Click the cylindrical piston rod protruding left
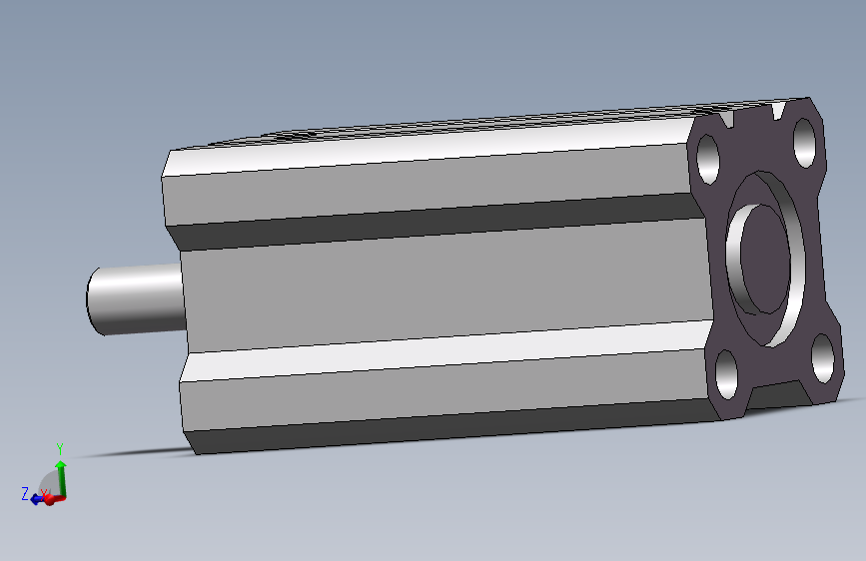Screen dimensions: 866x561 (x=135, y=298)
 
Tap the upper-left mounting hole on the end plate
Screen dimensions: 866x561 (x=708, y=160)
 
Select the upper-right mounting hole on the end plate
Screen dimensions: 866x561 (x=804, y=143)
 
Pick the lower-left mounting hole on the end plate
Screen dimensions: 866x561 (x=726, y=374)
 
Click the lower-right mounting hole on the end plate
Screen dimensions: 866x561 (x=822, y=357)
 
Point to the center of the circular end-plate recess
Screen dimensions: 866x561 (x=765, y=260)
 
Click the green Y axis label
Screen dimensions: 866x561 (x=60, y=449)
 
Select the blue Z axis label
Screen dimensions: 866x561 (x=25, y=494)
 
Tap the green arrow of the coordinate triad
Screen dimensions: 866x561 (x=61, y=479)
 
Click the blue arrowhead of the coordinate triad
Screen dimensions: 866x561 (x=36, y=499)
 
